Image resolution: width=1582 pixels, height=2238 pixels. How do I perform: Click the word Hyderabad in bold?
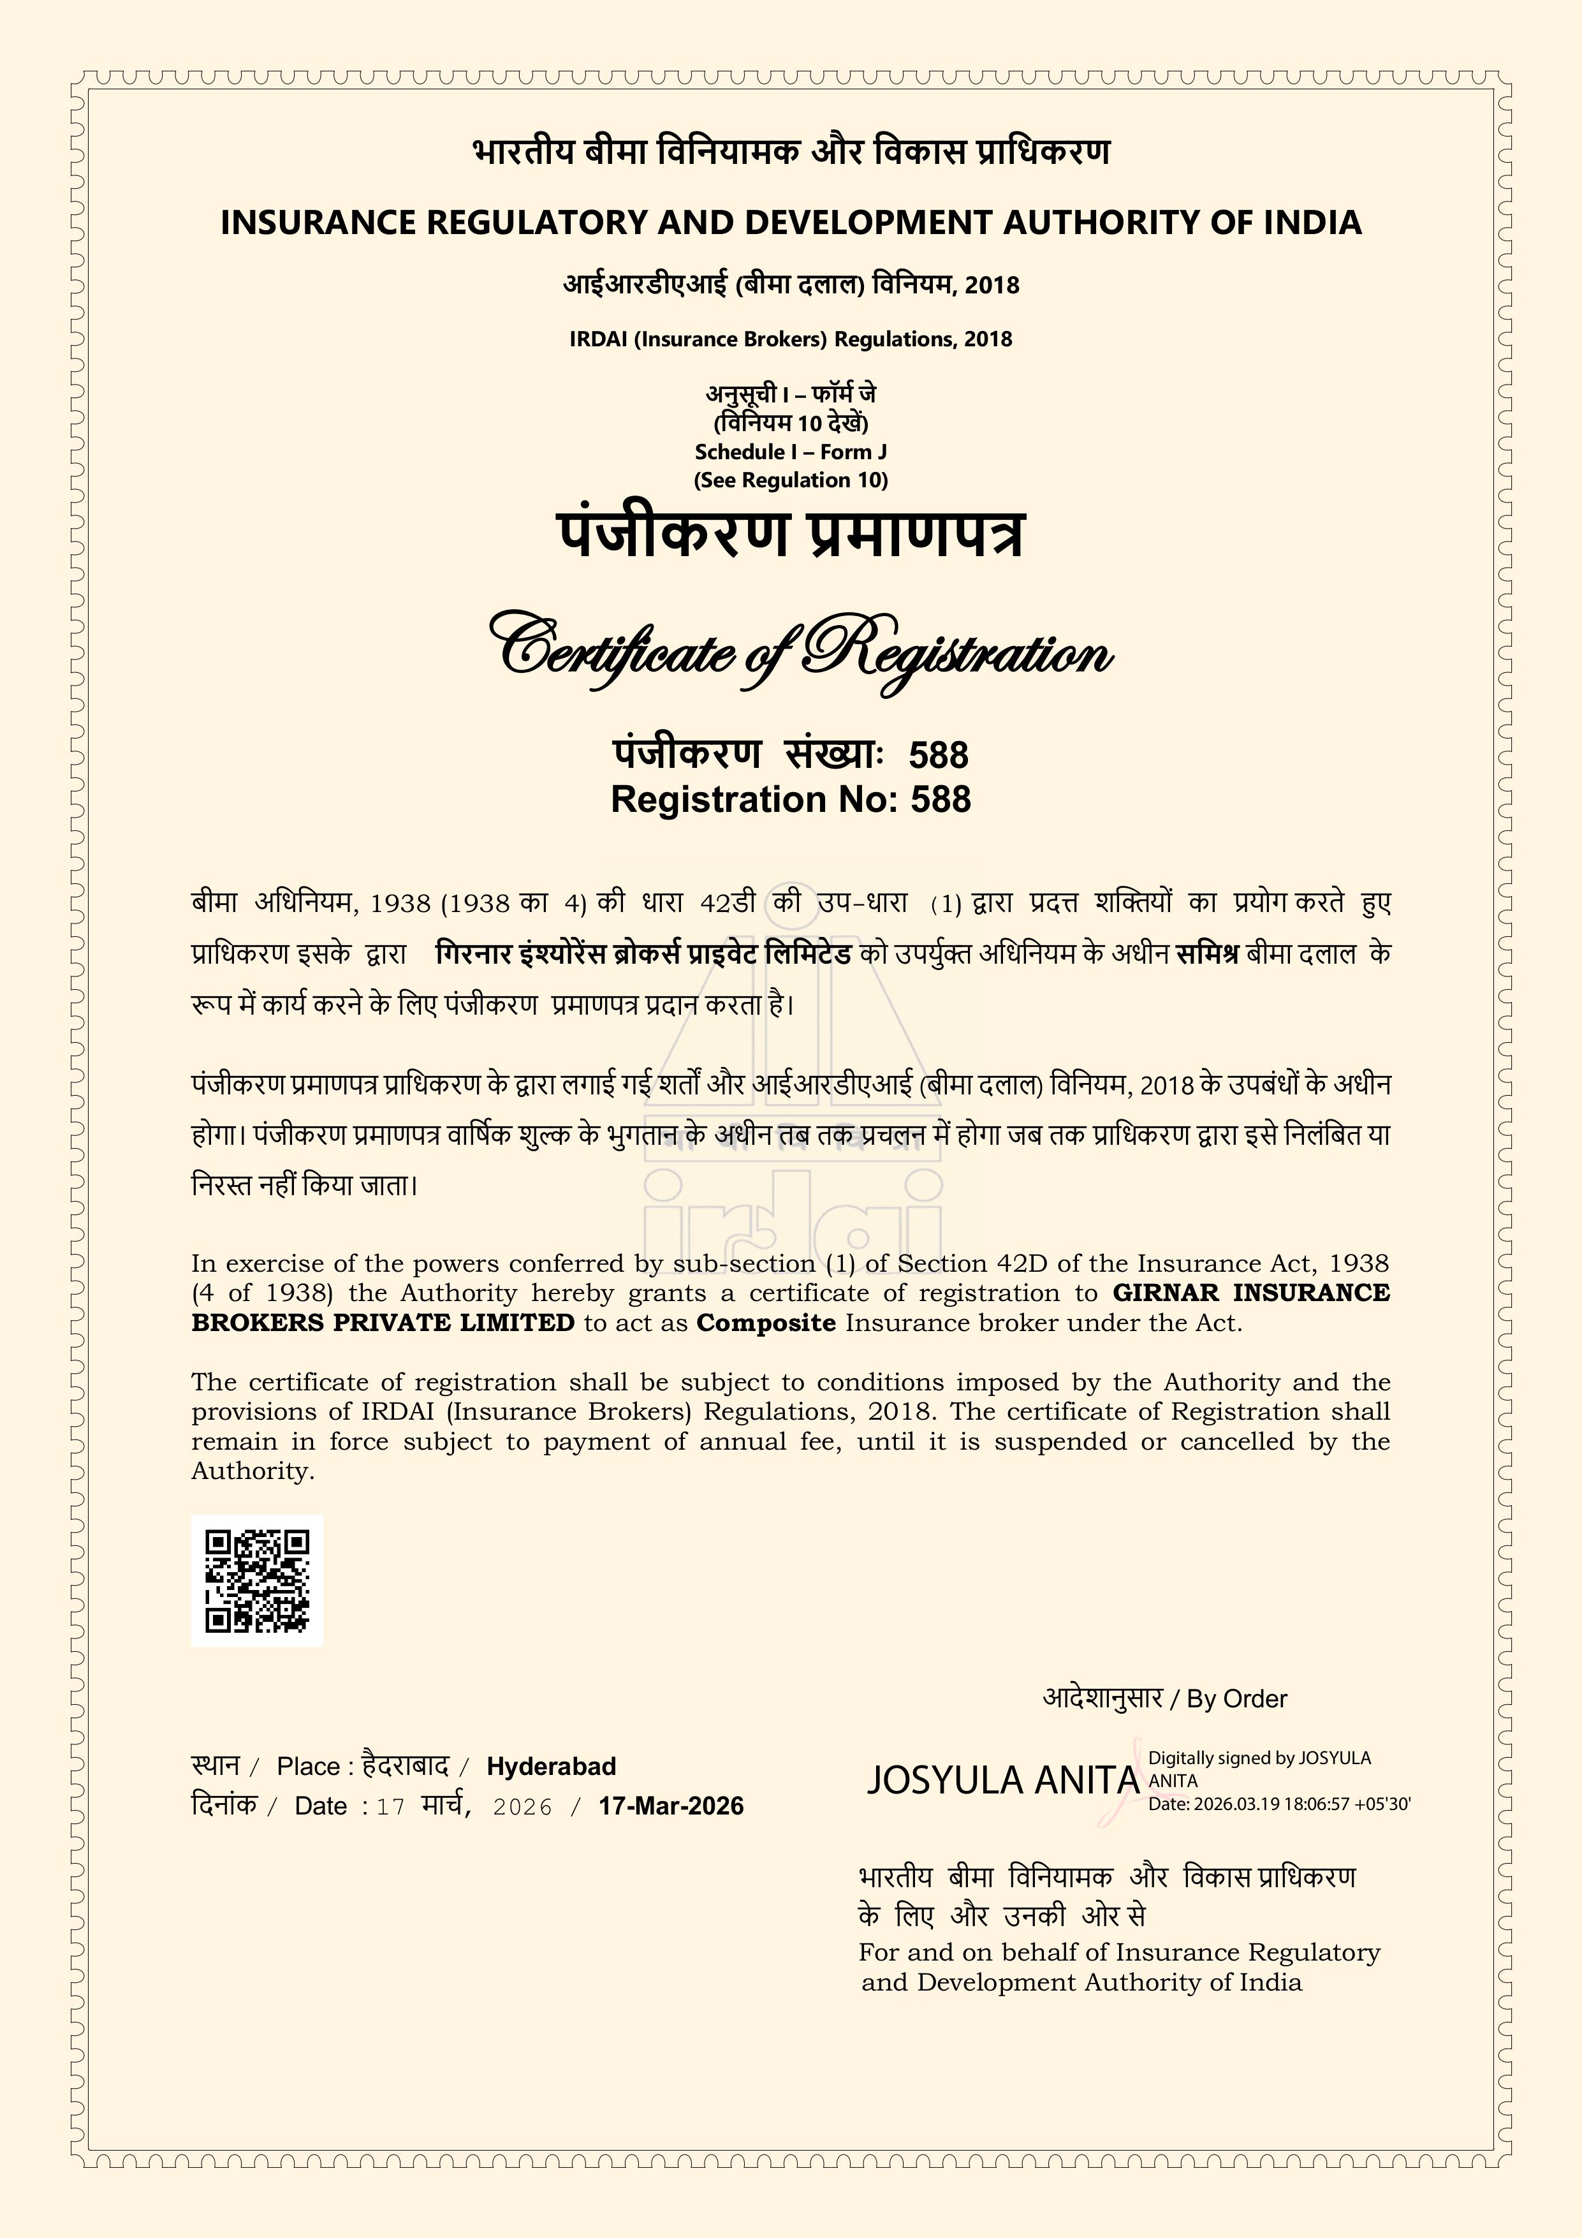click(x=551, y=1766)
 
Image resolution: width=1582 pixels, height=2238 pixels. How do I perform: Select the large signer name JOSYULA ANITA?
click(x=1002, y=1780)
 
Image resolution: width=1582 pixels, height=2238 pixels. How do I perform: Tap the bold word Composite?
click(x=766, y=1323)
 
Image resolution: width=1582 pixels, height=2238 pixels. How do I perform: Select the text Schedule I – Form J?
click(x=791, y=452)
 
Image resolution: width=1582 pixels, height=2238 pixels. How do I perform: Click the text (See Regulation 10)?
click(x=791, y=480)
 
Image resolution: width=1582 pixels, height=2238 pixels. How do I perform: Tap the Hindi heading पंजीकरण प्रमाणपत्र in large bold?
click(x=791, y=534)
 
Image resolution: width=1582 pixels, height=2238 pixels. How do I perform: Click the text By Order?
click(x=1236, y=1699)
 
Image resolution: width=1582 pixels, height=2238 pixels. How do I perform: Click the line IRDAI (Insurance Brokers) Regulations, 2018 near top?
click(x=791, y=339)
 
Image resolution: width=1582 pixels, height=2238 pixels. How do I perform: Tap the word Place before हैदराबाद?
click(x=308, y=1766)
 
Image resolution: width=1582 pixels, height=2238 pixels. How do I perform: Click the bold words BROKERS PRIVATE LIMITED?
click(x=383, y=1323)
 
